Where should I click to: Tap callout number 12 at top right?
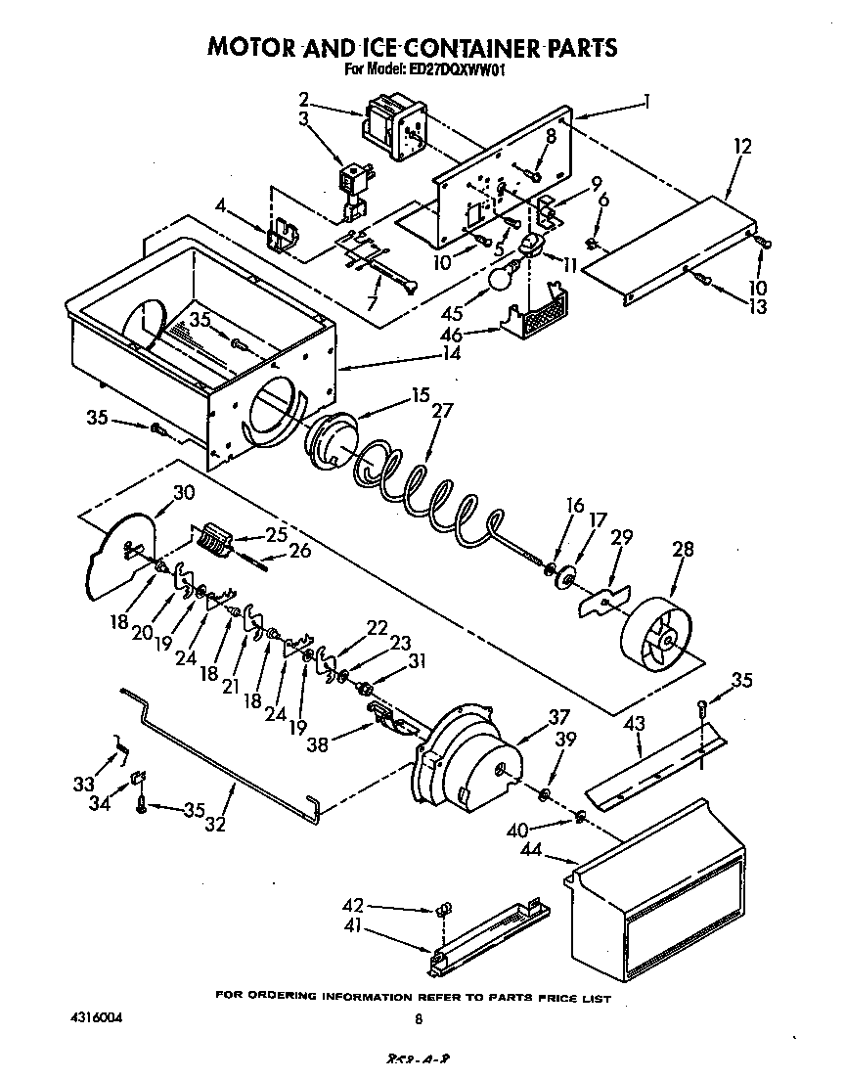743,147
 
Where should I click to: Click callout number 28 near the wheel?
683,550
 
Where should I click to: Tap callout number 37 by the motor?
558,716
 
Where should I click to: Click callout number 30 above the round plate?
184,493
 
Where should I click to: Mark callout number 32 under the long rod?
215,823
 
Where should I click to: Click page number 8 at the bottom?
419,1019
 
